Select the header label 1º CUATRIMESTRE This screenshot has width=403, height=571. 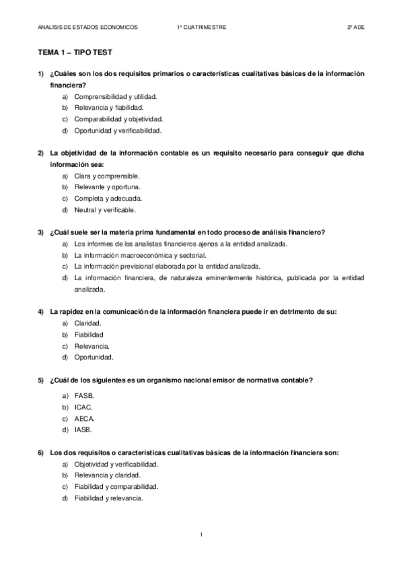pyautogui.click(x=202, y=27)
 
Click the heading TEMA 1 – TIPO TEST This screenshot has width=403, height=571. pyautogui.click(x=69, y=51)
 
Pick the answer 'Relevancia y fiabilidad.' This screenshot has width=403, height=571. pyautogui.click(x=108, y=108)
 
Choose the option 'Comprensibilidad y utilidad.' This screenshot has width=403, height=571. pyautogui.click(x=114, y=96)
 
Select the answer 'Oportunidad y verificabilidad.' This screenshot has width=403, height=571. pyautogui.click(x=118, y=131)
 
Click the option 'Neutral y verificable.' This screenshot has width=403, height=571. pyautogui.click(x=106, y=210)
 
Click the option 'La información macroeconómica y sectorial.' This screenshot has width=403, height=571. pyautogui.click(x=140, y=255)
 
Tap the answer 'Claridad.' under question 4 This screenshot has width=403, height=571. pyautogui.click(x=88, y=323)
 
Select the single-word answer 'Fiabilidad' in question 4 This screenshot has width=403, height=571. pyautogui.click(x=89, y=335)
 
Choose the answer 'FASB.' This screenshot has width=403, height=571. pyautogui.click(x=85, y=396)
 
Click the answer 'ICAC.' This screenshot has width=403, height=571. pyautogui.click(x=83, y=407)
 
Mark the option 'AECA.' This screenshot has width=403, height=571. pyautogui.click(x=85, y=419)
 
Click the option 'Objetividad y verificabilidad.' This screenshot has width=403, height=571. pyautogui.click(x=116, y=465)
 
